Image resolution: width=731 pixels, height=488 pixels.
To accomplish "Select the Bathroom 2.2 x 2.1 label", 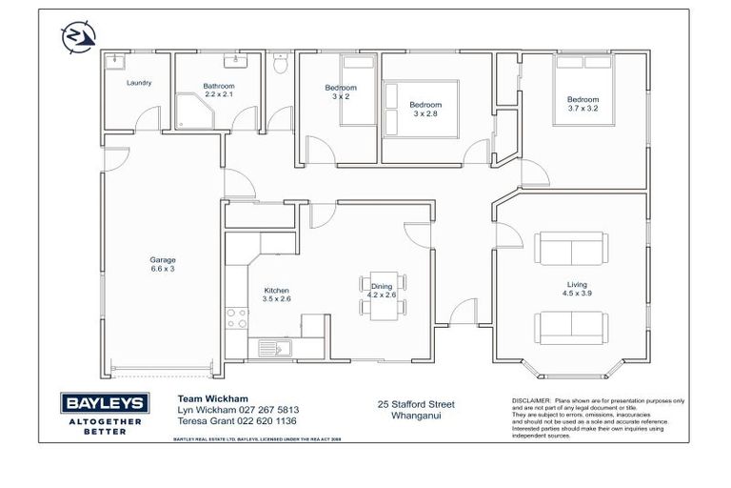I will [218, 91].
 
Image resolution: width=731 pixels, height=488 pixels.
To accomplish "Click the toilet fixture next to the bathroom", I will [280, 66].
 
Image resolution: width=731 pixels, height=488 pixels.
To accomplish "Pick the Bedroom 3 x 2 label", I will [341, 92].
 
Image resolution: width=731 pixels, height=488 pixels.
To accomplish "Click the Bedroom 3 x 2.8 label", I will [425, 109].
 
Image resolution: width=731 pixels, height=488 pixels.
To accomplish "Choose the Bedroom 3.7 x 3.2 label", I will [583, 104].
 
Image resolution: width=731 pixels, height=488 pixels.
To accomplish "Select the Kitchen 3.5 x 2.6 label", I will [276, 295].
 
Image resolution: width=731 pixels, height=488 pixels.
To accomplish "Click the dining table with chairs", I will [382, 295].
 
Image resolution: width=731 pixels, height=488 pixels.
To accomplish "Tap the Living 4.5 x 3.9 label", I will [576, 289].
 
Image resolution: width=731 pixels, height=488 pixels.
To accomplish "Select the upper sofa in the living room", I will [569, 250].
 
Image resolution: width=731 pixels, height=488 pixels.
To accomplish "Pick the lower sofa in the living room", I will [569, 328].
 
